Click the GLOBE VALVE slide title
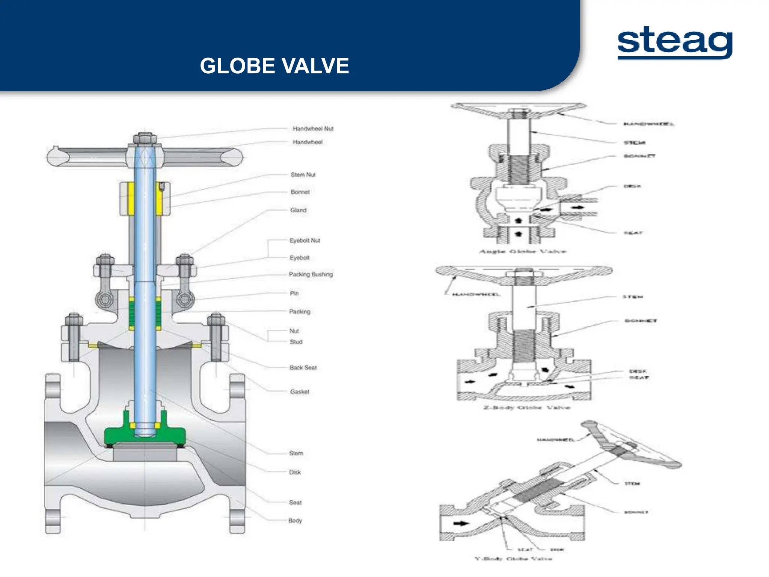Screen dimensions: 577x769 pyautogui.click(x=274, y=66)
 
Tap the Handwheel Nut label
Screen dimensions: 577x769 pyautogui.click(x=313, y=129)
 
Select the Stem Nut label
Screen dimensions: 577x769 pyautogui.click(x=303, y=175)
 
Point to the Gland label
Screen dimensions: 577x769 pyautogui.click(x=298, y=210)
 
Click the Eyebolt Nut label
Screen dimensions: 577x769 pyautogui.click(x=305, y=240)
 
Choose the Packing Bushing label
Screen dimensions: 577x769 pyautogui.click(x=311, y=275)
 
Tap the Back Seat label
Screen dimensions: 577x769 pyautogui.click(x=303, y=368)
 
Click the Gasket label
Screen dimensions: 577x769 pyautogui.click(x=299, y=392)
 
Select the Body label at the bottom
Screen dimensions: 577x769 pyautogui.click(x=295, y=521)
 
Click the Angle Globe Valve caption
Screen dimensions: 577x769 pyautogui.click(x=523, y=251)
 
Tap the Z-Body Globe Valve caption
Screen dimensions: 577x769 pyautogui.click(x=526, y=408)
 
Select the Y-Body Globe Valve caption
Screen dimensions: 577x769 pyautogui.click(x=513, y=559)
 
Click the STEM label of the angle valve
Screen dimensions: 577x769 pyautogui.click(x=634, y=143)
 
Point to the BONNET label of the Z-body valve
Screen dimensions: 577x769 pyautogui.click(x=641, y=321)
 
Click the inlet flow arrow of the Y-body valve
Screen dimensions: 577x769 pyautogui.click(x=461, y=523)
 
